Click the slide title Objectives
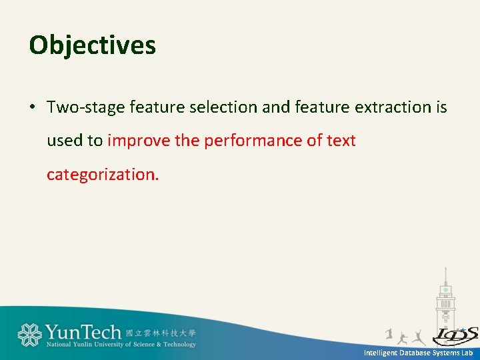click(93, 45)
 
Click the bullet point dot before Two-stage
click(33, 107)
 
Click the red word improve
click(135, 141)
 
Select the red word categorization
click(103, 175)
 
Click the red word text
click(341, 141)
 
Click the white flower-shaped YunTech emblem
click(29, 335)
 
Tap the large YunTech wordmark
click(83, 331)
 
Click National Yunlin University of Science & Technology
click(121, 345)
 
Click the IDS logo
click(455, 335)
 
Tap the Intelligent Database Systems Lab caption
click(417, 353)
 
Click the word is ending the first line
click(441, 107)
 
